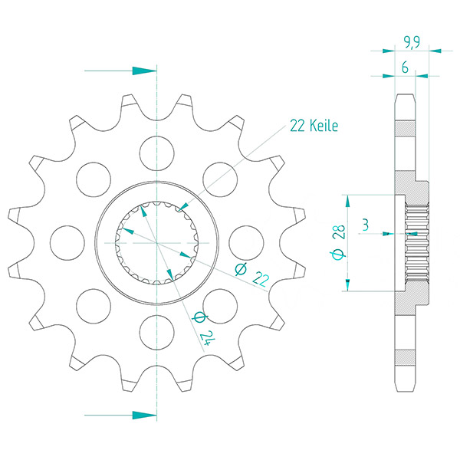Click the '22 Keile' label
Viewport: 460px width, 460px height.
click(314, 126)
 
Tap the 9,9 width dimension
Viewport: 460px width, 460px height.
click(412, 42)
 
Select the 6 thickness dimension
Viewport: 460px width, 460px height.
click(405, 67)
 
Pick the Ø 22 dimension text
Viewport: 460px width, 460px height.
click(252, 274)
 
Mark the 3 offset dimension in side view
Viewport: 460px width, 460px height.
click(365, 225)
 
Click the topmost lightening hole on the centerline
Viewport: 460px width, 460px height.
click(157, 153)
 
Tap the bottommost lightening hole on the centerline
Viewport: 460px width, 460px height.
click(157, 333)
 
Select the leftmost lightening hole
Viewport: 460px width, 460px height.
click(67, 243)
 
